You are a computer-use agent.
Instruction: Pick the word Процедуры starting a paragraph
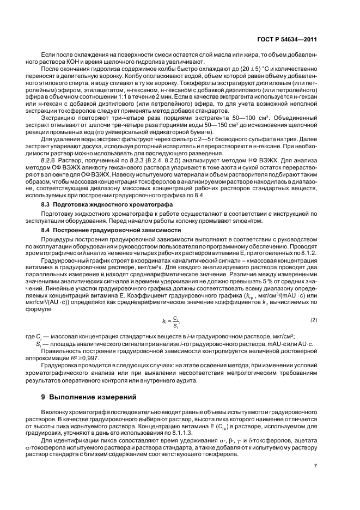57,239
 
